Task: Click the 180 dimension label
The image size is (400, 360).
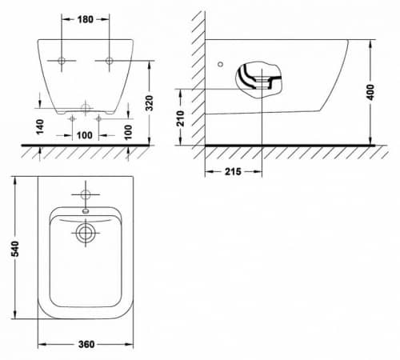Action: point(86,19)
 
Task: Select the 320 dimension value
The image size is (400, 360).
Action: point(150,103)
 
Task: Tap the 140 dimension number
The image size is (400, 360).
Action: point(40,126)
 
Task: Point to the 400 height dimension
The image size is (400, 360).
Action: point(370,92)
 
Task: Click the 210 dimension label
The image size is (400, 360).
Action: point(181,118)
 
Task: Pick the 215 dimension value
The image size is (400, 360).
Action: point(233,171)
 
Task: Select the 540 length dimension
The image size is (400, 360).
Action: point(15,249)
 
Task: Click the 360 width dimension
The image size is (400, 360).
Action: point(86,344)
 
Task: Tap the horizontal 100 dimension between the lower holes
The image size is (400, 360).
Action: point(85,135)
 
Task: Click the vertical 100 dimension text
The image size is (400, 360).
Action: point(128,132)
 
